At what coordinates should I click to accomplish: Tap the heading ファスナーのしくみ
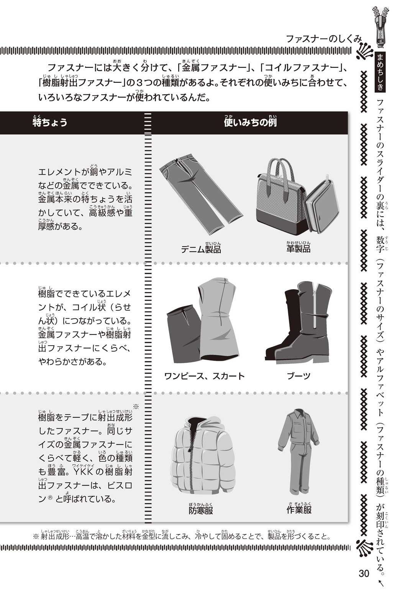click(x=323, y=39)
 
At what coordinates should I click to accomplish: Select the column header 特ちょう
click(x=50, y=122)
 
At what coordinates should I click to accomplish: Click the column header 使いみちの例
click(x=250, y=122)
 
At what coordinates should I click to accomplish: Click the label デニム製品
click(x=201, y=248)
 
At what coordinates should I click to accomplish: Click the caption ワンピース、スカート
click(x=204, y=376)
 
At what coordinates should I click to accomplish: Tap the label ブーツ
click(x=298, y=376)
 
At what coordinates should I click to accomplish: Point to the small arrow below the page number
click(x=380, y=582)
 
